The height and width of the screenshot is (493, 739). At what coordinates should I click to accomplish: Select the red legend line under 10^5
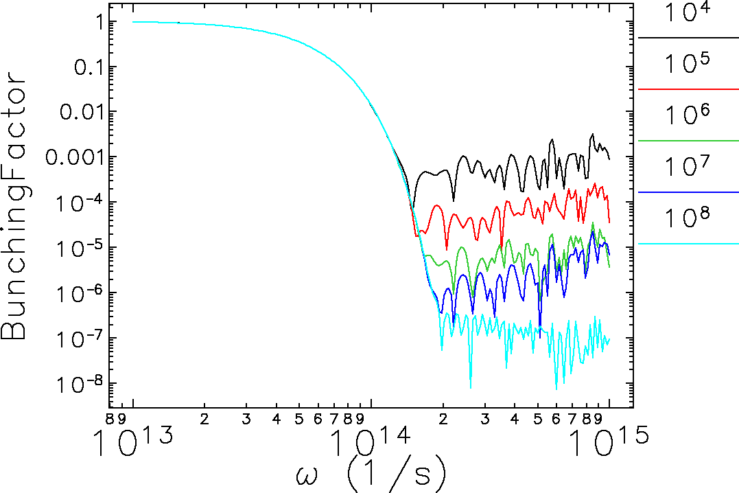click(x=688, y=89)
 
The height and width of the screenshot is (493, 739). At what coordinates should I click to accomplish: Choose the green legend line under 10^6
click(x=688, y=140)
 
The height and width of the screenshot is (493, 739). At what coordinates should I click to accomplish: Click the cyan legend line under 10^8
click(x=688, y=244)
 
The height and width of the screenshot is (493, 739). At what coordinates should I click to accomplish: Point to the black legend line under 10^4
click(x=688, y=38)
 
